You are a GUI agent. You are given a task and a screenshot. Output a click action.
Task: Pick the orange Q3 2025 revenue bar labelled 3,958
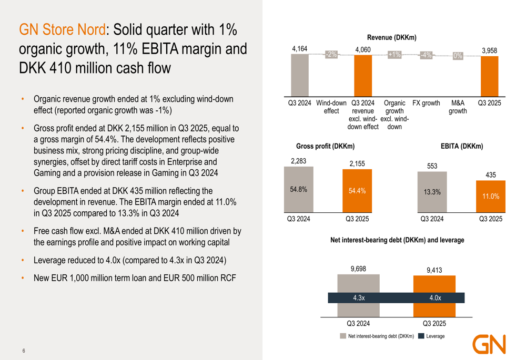point(489,76)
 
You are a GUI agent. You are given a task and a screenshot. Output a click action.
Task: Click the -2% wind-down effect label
point(331,55)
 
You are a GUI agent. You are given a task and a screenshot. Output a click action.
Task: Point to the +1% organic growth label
point(394,55)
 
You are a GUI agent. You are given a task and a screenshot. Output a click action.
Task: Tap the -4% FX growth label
point(426,55)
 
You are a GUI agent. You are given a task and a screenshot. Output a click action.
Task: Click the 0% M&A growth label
point(458,56)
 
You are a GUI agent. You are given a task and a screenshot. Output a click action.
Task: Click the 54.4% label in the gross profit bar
point(357,191)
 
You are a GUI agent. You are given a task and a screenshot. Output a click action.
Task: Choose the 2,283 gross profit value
point(298,161)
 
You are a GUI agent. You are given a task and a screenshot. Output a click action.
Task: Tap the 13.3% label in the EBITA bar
point(432,192)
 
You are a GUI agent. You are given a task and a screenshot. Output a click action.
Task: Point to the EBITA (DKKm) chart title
point(461,146)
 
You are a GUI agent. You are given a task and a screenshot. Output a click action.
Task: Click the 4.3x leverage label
point(359,298)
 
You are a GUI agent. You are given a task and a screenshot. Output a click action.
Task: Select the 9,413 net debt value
point(434,270)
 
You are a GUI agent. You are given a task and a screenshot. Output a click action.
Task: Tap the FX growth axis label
point(426,104)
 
